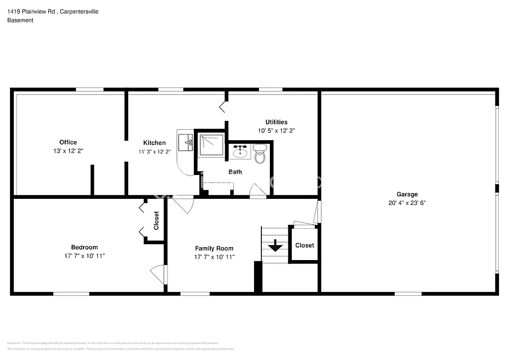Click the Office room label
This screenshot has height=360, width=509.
coord(68,142)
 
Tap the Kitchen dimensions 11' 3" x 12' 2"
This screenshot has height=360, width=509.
coord(155,152)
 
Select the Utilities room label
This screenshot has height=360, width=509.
coord(276,122)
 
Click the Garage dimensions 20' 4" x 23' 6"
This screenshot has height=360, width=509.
coord(407,203)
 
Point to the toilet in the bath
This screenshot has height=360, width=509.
coord(260,155)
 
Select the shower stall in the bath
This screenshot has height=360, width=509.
coord(211,144)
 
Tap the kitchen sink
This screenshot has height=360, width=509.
coord(186,143)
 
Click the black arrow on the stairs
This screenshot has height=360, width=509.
coord(275,246)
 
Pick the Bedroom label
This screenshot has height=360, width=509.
coord(85,247)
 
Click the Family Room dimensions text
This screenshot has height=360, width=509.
coord(214,257)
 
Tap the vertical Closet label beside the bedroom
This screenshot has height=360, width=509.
coord(156,220)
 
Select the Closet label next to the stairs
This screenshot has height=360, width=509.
coord(304,245)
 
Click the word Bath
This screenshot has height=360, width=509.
coord(235,172)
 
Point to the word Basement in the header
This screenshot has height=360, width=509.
coord(20,20)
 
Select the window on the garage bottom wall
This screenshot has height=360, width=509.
coord(408,294)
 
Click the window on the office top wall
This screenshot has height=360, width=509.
coord(89,90)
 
